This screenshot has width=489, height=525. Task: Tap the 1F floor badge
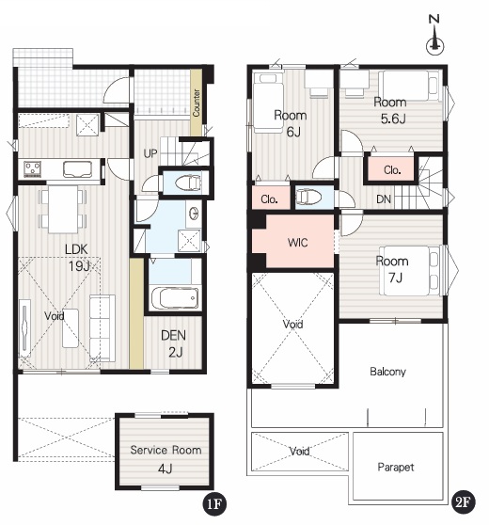[214, 503]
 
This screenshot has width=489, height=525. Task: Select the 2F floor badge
[464, 501]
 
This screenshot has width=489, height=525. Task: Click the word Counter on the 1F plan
[197, 103]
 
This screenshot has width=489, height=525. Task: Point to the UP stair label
[150, 153]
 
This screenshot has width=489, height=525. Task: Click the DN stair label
[384, 199]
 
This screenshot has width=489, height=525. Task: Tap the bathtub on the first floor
[175, 298]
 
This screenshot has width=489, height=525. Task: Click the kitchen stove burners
[33, 168]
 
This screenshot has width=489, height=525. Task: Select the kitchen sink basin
[77, 169]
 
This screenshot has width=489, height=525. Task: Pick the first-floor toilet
[188, 183]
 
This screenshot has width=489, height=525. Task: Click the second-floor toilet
[308, 197]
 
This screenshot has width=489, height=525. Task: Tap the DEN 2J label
[174, 343]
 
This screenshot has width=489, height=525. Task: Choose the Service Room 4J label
[166, 459]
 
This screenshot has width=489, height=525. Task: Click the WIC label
[297, 243]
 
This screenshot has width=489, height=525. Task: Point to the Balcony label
[388, 372]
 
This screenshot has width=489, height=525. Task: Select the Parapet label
[396, 467]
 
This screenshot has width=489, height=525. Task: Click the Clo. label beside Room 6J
[270, 199]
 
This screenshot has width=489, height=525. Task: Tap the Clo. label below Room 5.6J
[392, 170]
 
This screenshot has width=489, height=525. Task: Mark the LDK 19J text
[77, 258]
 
